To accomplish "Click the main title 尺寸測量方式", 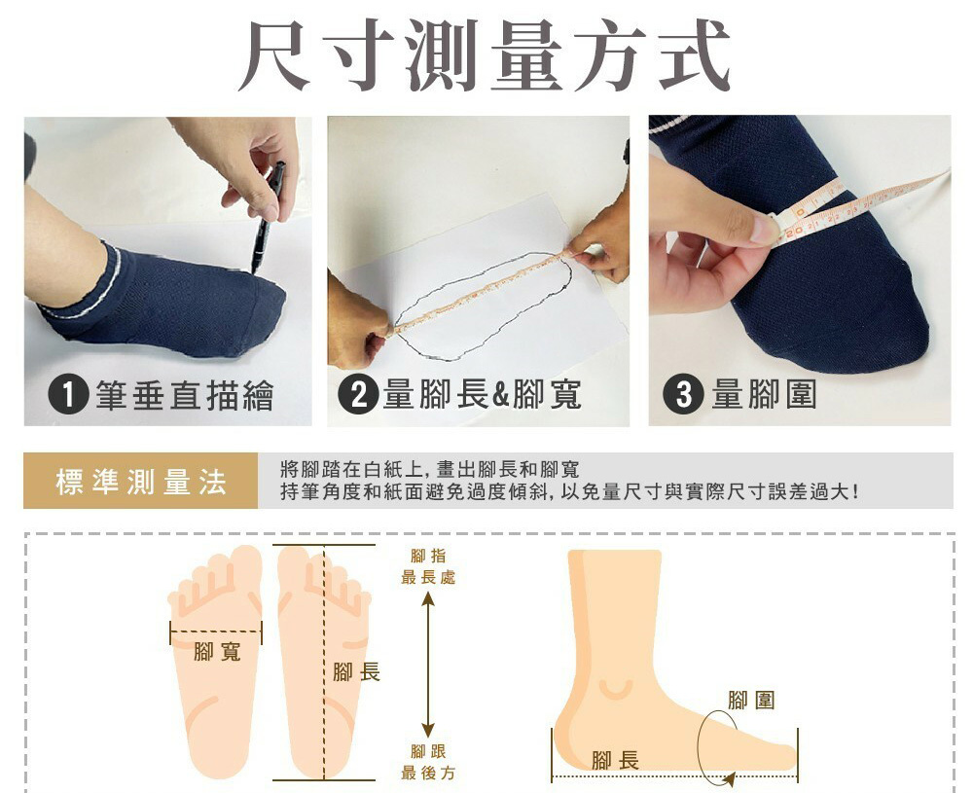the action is point(484,55).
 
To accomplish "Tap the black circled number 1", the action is point(68,395).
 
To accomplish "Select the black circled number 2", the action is point(358,395).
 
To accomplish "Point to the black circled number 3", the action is point(683,395).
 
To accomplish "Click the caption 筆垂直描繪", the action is point(184,395).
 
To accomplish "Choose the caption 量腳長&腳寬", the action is point(483,395).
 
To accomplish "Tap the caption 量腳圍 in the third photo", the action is point(764,395).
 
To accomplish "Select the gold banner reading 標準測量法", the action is point(140,481).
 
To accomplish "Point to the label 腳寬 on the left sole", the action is point(217,652).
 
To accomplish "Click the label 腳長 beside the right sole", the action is point(356,671).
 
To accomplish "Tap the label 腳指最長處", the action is point(428,566).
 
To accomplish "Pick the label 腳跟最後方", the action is point(428,762).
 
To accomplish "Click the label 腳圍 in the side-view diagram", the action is point(751,700).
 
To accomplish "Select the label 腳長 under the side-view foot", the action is point(615,760).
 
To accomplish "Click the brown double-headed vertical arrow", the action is point(427,664).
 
